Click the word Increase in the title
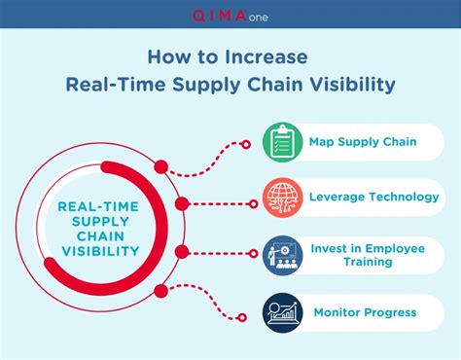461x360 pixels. [x=272, y=56]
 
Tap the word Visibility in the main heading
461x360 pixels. [x=349, y=85]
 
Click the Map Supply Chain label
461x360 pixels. [x=362, y=142]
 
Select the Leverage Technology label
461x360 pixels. [x=372, y=197]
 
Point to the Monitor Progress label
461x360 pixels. [x=364, y=312]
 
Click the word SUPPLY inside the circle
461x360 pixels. [x=97, y=220]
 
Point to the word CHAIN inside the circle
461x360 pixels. [x=97, y=235]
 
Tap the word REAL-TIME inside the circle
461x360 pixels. [x=97, y=205]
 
